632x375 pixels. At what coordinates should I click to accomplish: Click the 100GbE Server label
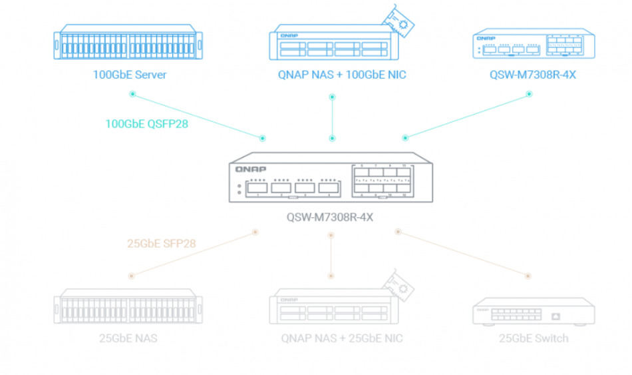pos(129,75)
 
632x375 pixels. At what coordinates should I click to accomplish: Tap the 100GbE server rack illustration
pos(130,44)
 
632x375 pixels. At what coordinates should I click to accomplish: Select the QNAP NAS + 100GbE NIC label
pos(342,75)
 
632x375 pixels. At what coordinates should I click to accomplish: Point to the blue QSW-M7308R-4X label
pos(532,75)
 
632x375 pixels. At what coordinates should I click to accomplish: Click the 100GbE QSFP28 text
pos(146,123)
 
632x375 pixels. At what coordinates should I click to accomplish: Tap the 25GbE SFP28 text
pos(162,243)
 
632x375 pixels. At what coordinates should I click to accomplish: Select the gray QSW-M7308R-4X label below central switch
pos(330,216)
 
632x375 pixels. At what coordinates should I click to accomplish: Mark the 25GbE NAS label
pos(128,338)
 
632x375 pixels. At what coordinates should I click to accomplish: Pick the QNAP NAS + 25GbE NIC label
pos(342,338)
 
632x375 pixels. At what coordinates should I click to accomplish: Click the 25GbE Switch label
pos(534,338)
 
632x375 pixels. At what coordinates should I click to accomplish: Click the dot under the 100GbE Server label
pos(132,94)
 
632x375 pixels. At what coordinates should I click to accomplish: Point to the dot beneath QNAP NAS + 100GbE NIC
pos(333,97)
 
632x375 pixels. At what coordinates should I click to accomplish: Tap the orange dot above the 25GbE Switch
pos(529,275)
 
